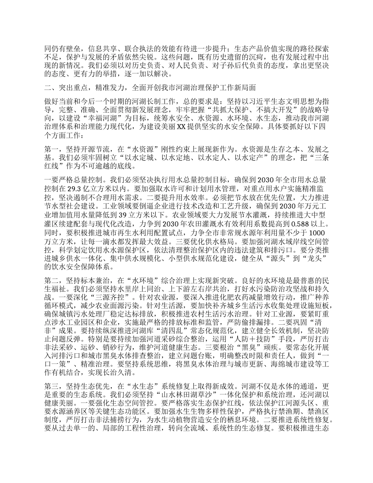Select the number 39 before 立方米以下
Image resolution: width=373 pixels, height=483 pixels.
tap(123, 215)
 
